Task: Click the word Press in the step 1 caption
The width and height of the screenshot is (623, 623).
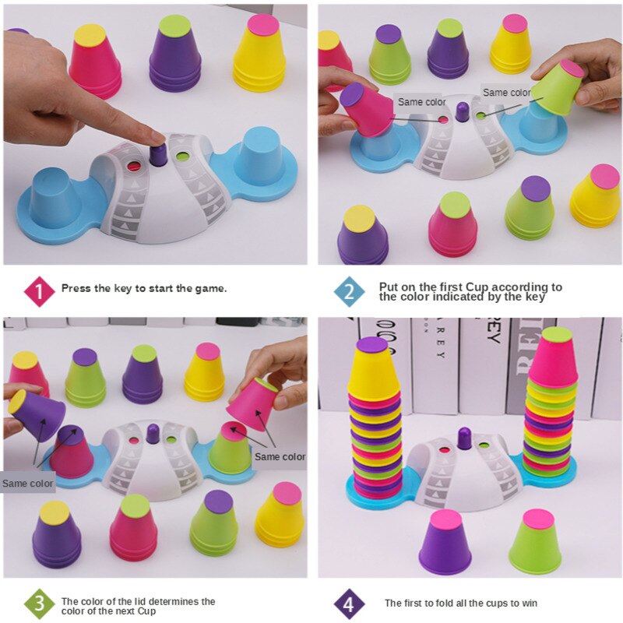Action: pyautogui.click(x=76, y=288)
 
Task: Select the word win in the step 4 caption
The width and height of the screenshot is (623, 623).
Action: pyautogui.click(x=526, y=603)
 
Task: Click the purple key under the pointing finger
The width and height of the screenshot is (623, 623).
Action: pyautogui.click(x=158, y=153)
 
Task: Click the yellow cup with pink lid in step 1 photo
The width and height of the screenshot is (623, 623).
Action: pyautogui.click(x=260, y=55)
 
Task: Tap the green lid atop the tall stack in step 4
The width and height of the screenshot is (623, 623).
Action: pyautogui.click(x=556, y=336)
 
